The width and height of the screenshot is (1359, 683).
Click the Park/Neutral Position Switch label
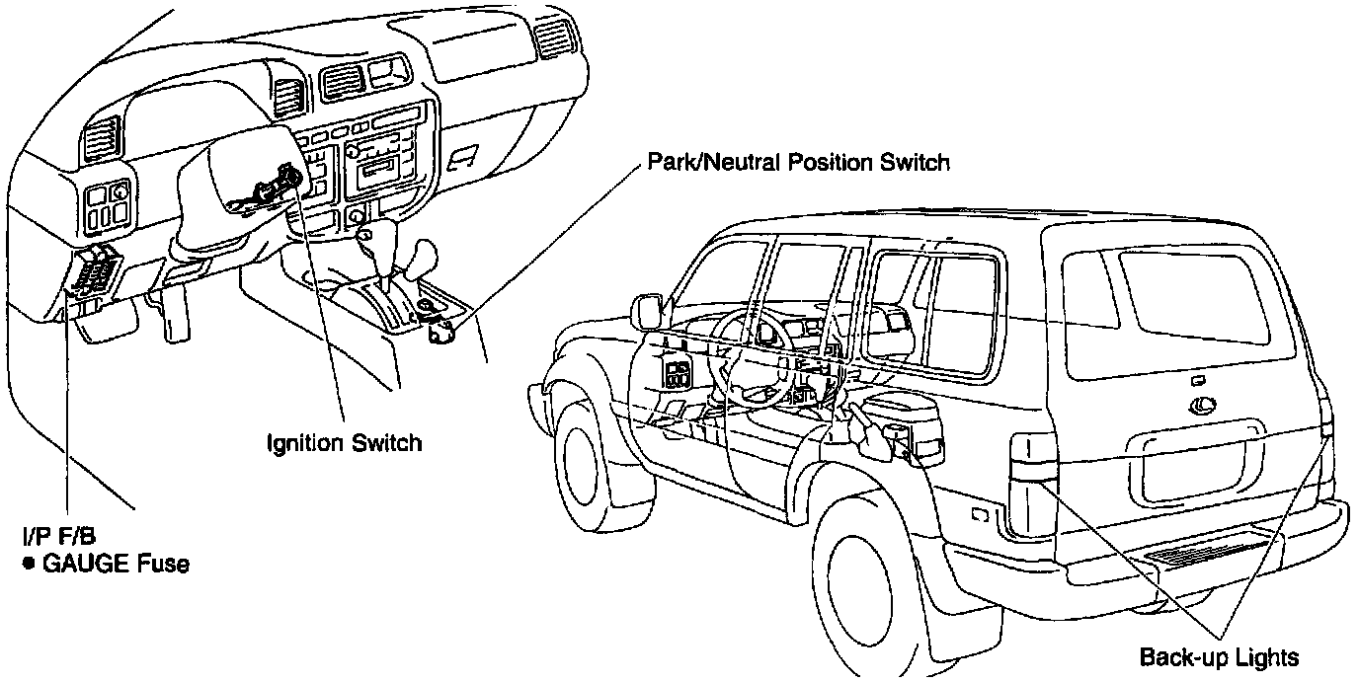click(798, 162)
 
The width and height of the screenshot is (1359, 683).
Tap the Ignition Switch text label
click(345, 441)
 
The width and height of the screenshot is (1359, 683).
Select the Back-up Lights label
click(1219, 657)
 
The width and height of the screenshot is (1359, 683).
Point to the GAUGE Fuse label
click(116, 566)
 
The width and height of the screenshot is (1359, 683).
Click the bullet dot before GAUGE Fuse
click(29, 566)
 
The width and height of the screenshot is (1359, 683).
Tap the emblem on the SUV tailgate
click(1202, 402)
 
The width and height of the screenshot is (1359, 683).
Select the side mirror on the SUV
click(649, 310)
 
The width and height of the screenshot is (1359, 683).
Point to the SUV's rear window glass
click(1193, 294)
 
